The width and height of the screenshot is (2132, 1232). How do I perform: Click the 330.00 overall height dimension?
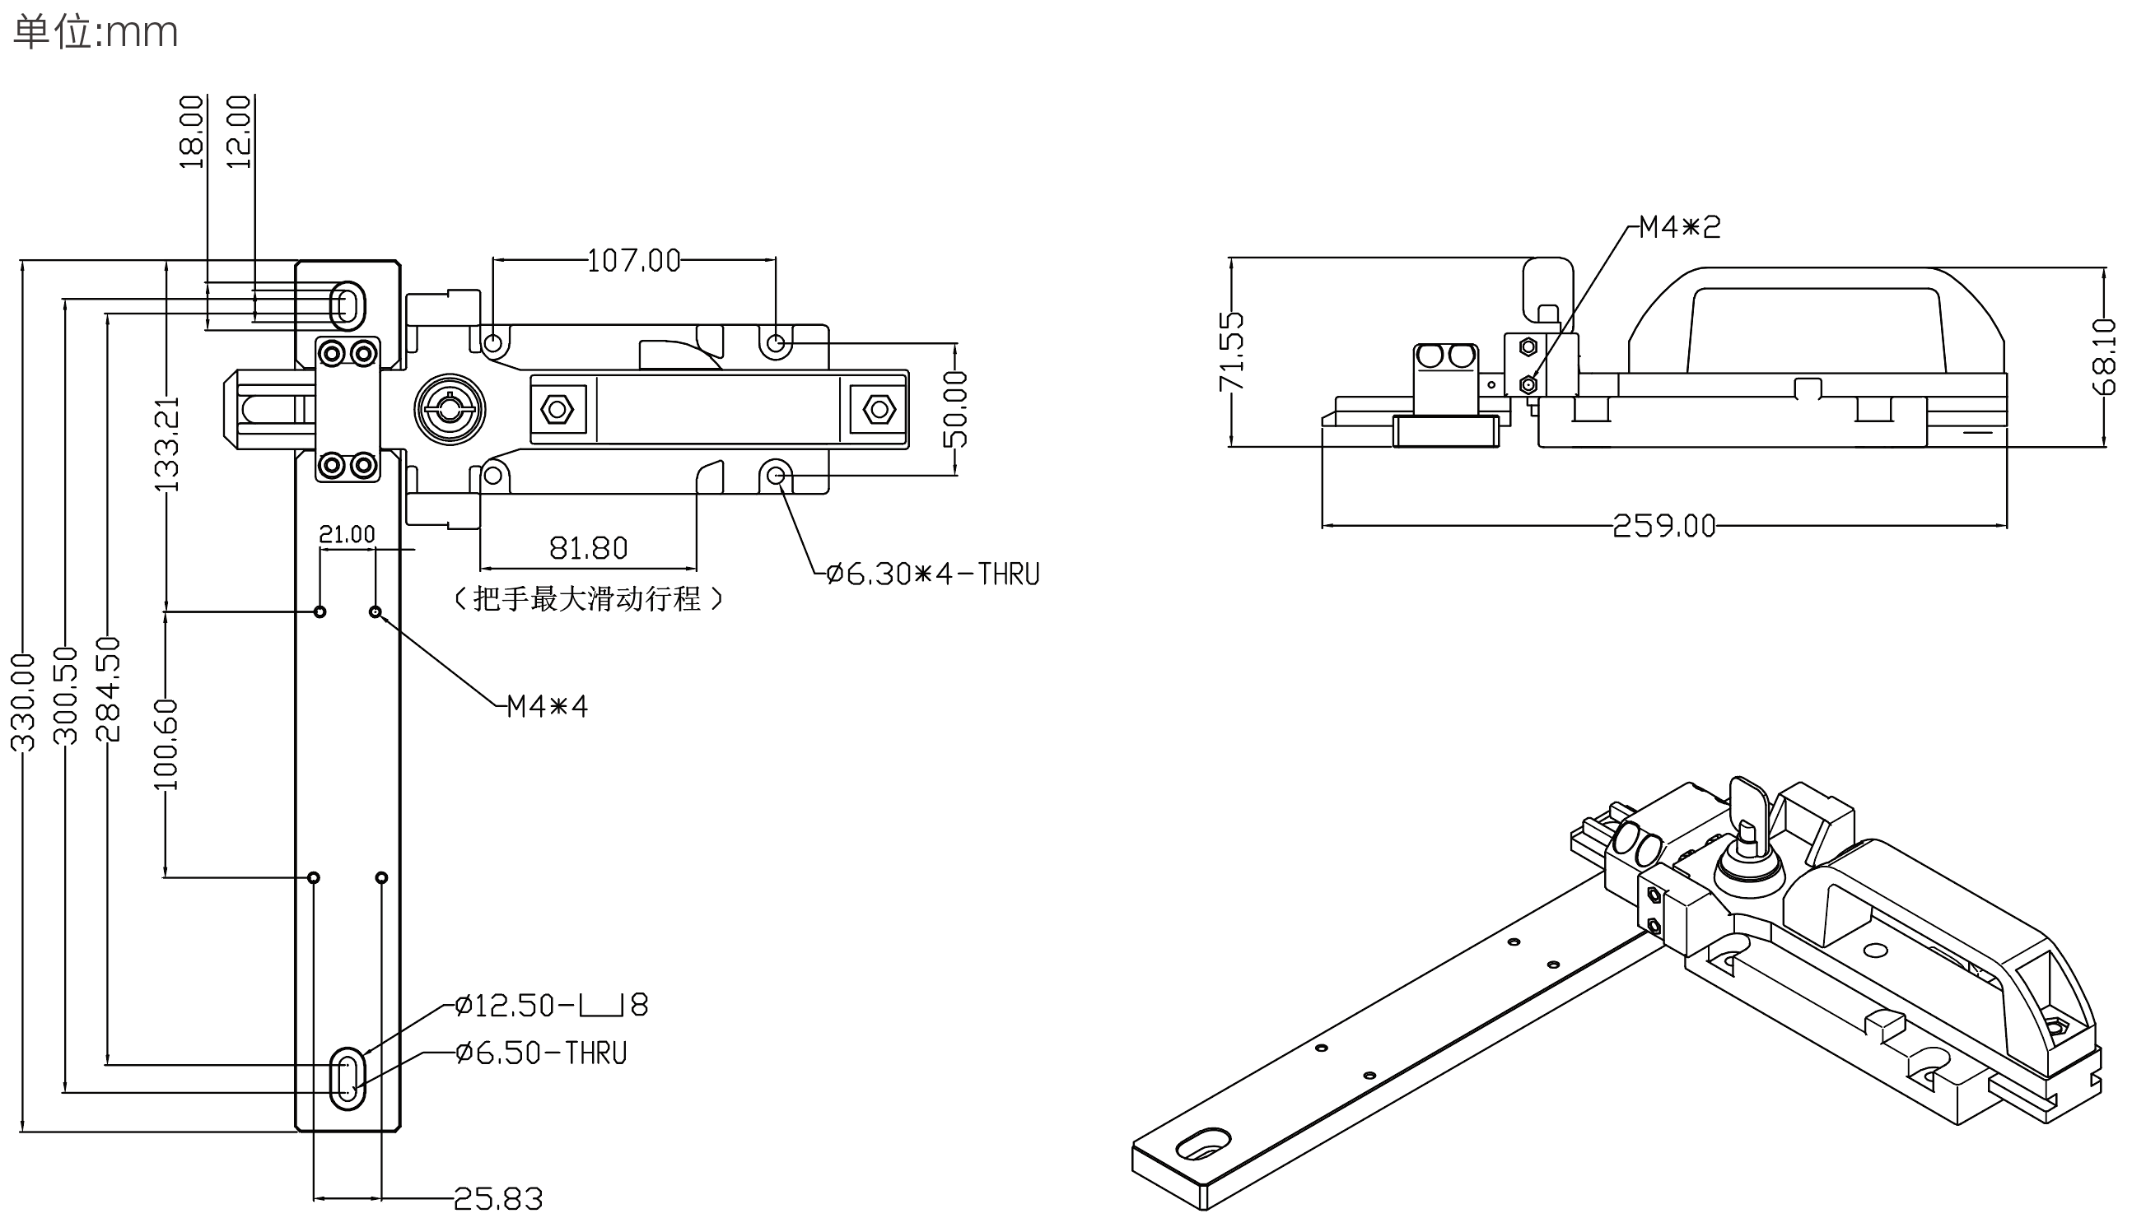point(24,702)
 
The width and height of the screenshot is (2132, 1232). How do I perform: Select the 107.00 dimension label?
point(634,261)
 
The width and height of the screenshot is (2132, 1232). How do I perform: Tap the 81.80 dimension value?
point(589,549)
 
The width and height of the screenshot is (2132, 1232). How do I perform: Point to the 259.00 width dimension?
point(1664,526)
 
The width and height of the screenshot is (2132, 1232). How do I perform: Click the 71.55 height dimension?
point(1232,351)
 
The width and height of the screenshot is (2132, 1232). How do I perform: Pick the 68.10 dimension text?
point(2104,356)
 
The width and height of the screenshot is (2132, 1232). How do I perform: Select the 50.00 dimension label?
point(956,409)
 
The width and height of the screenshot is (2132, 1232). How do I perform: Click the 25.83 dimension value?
point(498,1199)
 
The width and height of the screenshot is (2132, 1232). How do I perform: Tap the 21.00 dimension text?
point(347,534)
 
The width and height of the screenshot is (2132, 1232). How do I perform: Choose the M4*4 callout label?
point(548,706)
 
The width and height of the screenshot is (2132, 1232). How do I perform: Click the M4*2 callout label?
point(1680,227)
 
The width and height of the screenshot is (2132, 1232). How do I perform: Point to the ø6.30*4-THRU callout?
point(933,575)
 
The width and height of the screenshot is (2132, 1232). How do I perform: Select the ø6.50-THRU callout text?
point(542,1053)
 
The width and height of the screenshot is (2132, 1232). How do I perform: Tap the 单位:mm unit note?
point(96,33)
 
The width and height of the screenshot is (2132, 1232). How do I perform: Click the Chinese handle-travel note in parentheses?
point(589,599)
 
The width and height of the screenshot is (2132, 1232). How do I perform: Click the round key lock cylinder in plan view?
point(450,409)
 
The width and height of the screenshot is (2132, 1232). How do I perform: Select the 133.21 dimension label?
point(167,444)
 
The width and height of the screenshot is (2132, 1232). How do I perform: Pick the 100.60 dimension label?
point(166,744)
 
